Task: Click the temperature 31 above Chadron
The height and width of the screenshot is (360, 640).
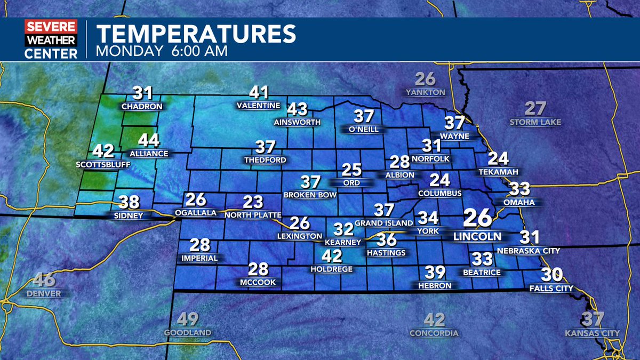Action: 142,93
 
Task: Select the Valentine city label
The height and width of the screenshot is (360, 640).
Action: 258,106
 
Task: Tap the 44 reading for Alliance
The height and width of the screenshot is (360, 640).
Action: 149,141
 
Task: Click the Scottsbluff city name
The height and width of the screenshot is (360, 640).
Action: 103,165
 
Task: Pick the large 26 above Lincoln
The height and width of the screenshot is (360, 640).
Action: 477,218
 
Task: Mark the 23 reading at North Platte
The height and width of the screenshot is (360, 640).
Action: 253,202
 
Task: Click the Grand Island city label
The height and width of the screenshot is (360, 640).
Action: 383,222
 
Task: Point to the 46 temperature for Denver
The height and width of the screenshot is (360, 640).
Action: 45,280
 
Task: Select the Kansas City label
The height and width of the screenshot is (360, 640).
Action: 592,334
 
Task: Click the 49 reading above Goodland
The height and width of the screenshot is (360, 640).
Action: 187,319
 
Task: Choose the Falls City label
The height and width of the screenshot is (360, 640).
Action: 551,289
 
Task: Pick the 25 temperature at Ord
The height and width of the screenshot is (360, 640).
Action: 351,170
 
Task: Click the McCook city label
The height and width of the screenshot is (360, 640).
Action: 258,282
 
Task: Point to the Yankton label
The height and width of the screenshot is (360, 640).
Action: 425,92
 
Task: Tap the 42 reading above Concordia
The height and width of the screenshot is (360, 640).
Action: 434,320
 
